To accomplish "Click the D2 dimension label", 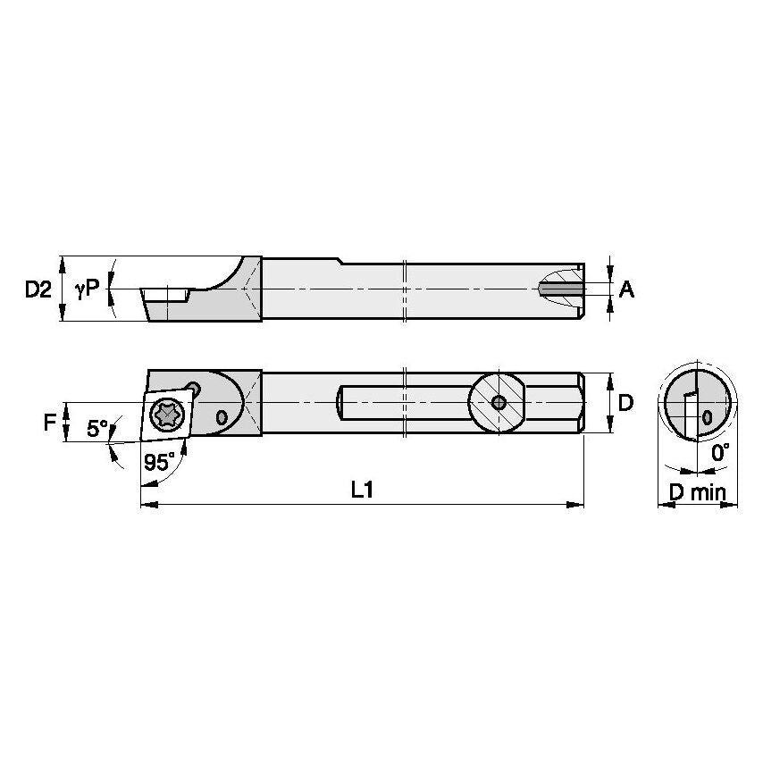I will point(38,289).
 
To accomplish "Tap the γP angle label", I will point(88,288).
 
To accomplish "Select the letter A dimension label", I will point(626,289).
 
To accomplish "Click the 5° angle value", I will point(98,429).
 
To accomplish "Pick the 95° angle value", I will point(158,461).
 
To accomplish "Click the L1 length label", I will point(362,489).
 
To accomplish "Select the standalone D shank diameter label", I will point(625,403).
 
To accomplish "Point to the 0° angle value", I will point(720,453).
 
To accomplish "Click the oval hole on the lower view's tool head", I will point(222,415).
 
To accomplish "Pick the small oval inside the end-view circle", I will point(708,416).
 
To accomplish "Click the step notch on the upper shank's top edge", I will point(340,261).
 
